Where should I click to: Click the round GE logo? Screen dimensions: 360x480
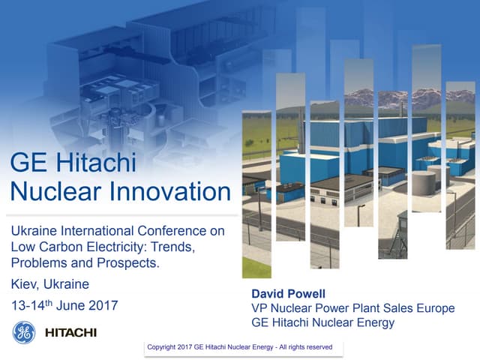(x=24, y=331)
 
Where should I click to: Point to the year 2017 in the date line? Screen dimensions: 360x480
(x=103, y=305)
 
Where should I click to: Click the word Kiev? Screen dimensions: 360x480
(x=25, y=284)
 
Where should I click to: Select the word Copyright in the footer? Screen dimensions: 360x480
(x=166, y=347)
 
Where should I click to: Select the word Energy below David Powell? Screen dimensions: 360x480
(x=373, y=322)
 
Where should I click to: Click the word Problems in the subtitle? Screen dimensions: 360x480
(x=37, y=264)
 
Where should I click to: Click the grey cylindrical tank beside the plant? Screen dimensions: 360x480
(x=424, y=180)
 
